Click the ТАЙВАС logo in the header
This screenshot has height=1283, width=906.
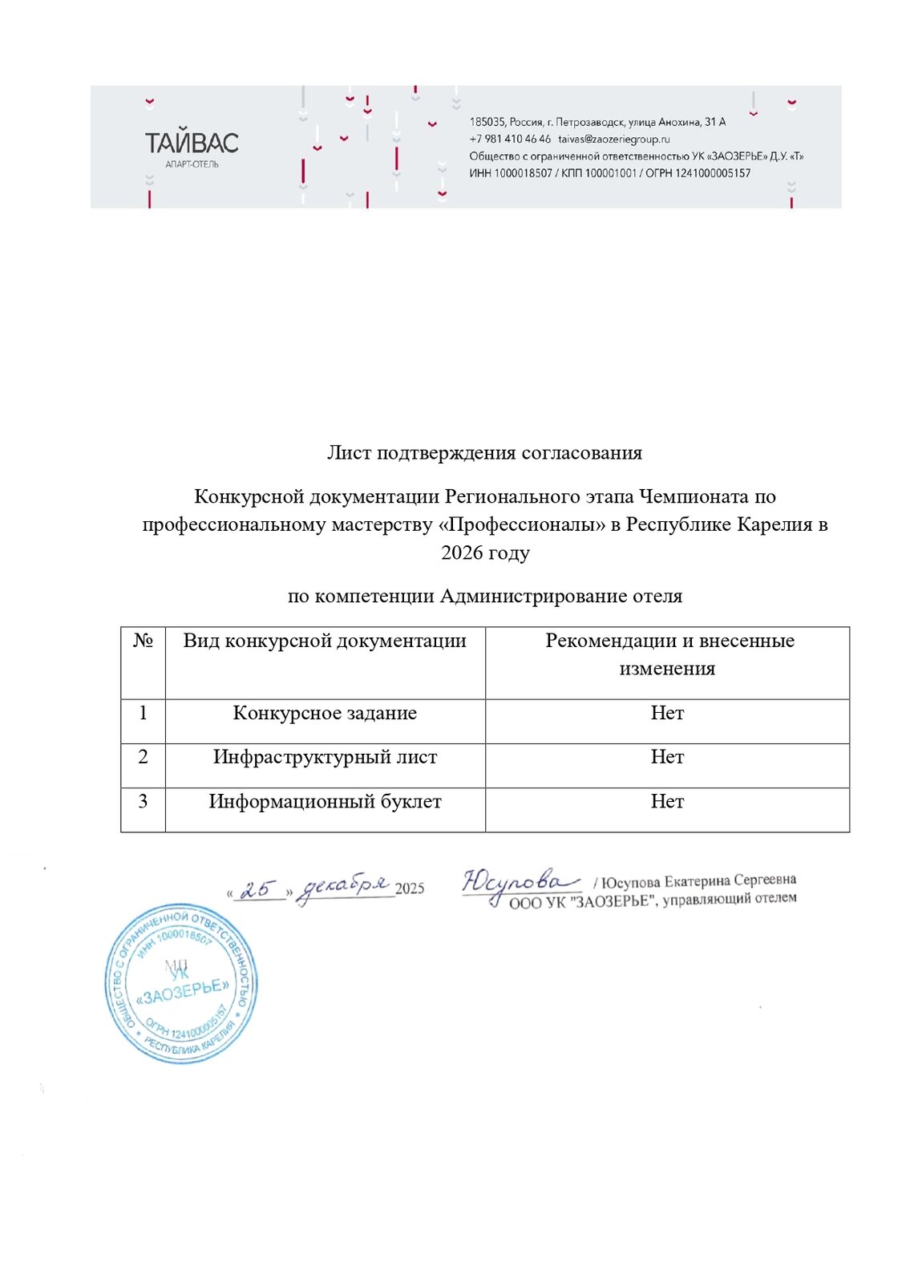pos(192,144)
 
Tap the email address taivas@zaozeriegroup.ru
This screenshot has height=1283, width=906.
pos(614,139)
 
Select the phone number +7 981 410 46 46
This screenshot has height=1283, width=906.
pos(510,139)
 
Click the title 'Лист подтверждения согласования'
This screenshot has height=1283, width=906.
pos(484,453)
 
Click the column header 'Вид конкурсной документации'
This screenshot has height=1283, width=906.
pos(325,641)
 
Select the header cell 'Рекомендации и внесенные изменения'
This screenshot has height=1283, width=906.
pos(667,654)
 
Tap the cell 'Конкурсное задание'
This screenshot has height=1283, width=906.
pos(325,713)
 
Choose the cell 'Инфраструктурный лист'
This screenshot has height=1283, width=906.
pos(325,757)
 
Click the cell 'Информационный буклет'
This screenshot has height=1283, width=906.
pos(325,802)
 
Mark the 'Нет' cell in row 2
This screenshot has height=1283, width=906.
pos(667,757)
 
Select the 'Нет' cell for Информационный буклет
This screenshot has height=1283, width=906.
pos(667,802)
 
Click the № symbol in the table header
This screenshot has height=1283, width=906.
pos(143,641)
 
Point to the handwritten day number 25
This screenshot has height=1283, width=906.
pos(259,888)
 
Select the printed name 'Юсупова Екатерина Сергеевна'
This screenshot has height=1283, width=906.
pos(698,880)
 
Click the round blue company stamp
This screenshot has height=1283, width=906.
pos(181,983)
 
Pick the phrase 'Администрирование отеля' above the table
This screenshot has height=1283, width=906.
pos(561,596)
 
